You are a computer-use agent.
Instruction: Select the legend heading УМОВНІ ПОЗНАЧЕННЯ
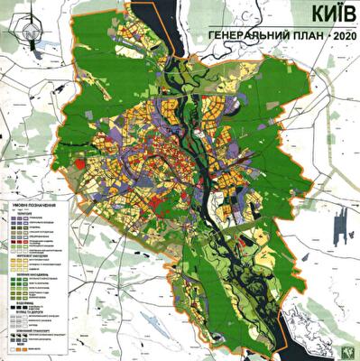tap(38, 205)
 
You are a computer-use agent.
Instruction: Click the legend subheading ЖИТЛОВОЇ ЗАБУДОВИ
tap(31, 258)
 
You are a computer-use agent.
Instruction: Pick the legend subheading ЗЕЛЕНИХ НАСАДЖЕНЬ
tap(29, 274)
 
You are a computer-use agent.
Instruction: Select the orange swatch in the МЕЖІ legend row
tap(17, 347)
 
